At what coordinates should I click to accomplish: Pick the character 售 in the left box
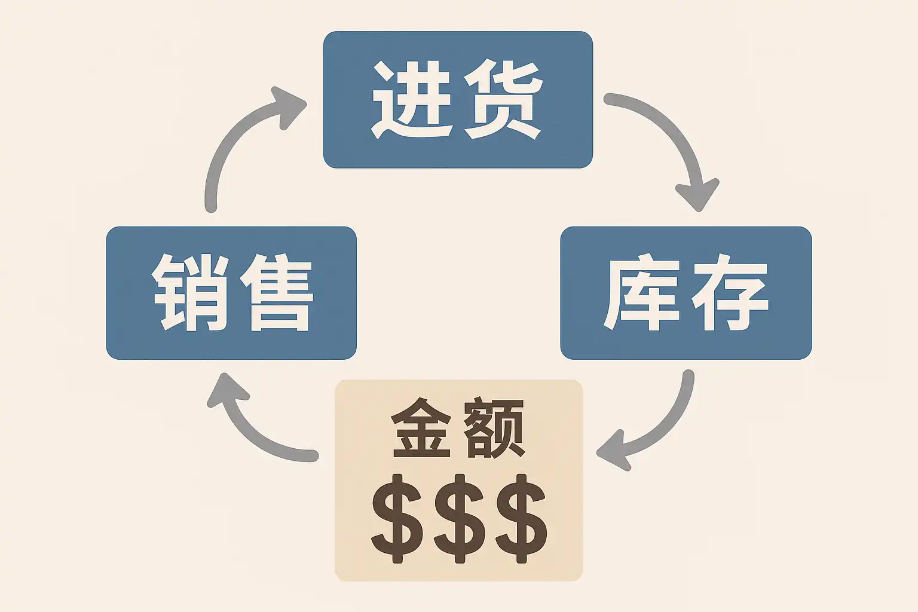tap(277, 292)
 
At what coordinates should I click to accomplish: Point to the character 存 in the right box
tap(730, 292)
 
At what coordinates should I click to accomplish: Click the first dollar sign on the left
tap(397, 519)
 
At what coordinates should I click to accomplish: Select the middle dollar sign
tap(460, 519)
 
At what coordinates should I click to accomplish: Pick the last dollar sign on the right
tap(522, 519)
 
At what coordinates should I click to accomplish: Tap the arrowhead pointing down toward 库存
tap(697, 195)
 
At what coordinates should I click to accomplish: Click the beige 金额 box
tap(458, 480)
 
